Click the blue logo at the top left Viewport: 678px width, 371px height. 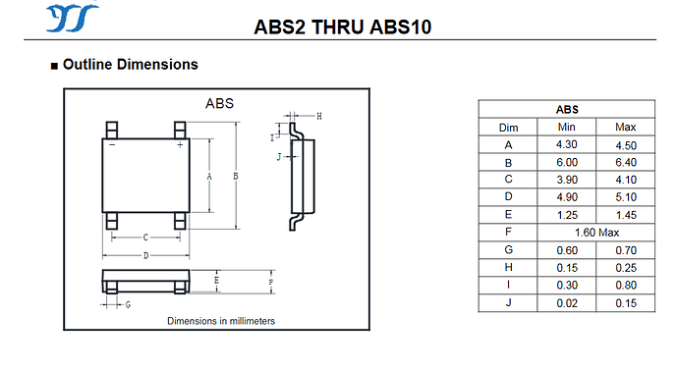pos(72,18)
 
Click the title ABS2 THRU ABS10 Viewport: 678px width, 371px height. pos(343,26)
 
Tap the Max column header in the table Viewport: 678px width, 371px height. pos(625,127)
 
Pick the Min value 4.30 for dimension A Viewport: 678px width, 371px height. pos(566,144)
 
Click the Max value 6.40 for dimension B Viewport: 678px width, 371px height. pos(626,162)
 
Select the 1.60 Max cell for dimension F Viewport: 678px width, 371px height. pos(596,233)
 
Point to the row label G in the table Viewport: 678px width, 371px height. pos(508,250)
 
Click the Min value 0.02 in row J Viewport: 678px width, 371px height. pos(567,303)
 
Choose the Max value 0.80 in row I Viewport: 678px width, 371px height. pos(626,286)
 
